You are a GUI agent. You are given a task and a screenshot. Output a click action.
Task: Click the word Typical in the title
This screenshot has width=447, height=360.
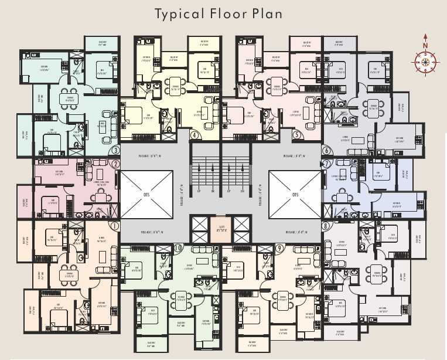point(179,13)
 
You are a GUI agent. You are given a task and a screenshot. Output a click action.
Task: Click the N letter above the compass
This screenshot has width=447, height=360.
point(425,46)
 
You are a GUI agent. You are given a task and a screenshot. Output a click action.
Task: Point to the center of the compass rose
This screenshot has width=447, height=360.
point(425,61)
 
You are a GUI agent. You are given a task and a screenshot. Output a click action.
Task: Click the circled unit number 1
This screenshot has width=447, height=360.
point(114,226)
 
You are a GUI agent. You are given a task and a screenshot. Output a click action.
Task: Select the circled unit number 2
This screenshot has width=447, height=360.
point(115,165)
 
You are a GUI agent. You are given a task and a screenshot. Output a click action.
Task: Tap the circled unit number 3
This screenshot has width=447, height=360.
point(115,150)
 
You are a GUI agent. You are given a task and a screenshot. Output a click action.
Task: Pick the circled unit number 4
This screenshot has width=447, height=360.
point(194,135)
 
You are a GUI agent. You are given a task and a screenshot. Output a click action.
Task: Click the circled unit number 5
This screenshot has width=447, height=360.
point(298,135)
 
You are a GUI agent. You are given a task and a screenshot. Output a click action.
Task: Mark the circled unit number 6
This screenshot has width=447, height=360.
point(326,150)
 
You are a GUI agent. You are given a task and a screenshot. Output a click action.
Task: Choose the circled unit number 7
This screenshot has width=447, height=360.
point(326,164)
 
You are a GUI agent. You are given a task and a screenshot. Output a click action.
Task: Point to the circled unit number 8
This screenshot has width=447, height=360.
point(325,225)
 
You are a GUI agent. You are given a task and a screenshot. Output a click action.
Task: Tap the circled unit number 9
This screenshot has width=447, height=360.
point(280,248)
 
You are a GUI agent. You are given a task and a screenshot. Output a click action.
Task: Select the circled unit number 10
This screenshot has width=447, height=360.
point(178,248)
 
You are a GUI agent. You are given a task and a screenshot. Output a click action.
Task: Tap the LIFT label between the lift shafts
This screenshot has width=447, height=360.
point(221,227)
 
